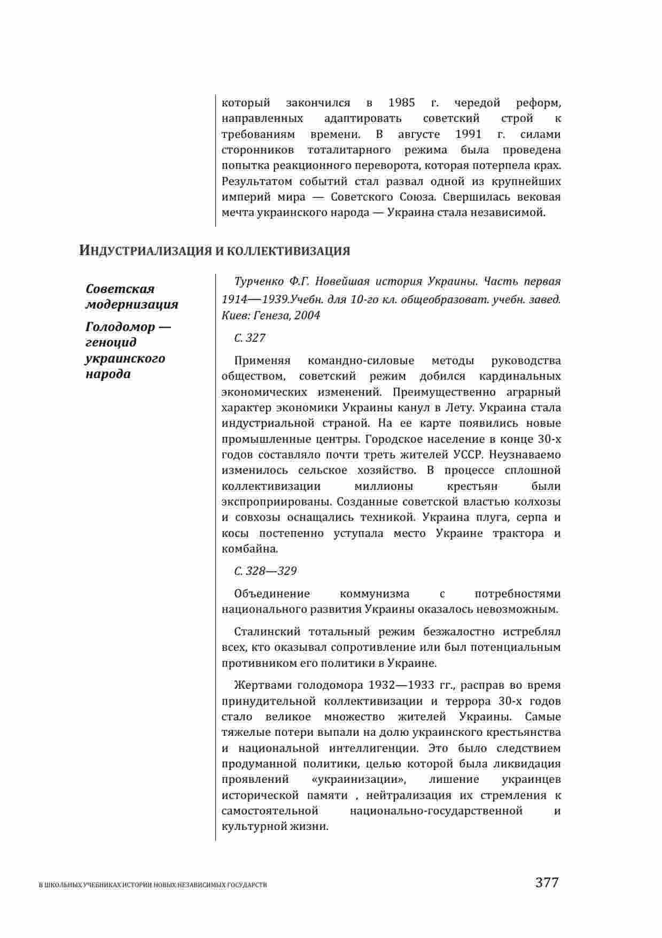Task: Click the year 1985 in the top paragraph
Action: pos(401,103)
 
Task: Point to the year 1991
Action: pos(468,134)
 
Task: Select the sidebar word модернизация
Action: pos(132,305)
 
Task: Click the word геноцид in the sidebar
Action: pos(111,342)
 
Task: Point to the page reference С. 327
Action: pos(250,338)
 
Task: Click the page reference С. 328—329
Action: pos(265,571)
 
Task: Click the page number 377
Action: pos(547,883)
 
